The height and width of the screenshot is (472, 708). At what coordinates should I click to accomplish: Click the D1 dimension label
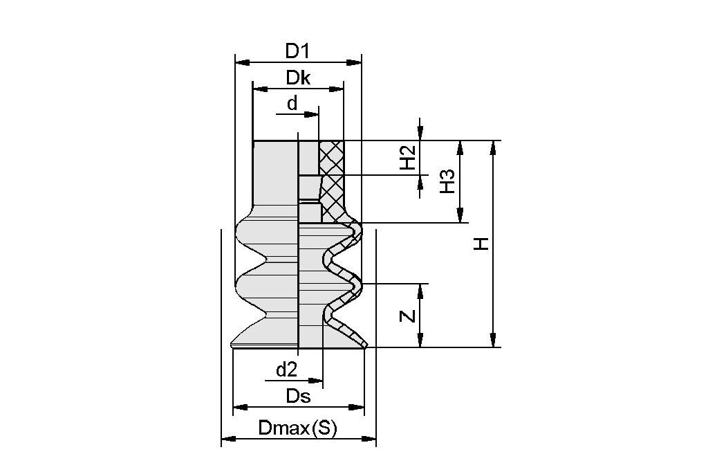[x=297, y=51]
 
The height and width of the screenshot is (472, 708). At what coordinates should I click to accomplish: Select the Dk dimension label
[x=298, y=78]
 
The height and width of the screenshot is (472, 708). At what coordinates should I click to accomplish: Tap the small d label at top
[x=292, y=103]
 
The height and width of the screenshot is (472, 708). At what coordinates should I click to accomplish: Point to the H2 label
[x=408, y=158]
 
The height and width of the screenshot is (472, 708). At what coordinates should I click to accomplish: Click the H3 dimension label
[x=447, y=181]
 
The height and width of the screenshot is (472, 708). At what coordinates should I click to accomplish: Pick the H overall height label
[x=481, y=244]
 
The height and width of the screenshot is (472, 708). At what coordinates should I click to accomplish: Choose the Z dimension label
[x=409, y=316]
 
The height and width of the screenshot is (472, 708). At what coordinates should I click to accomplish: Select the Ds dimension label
[x=298, y=397]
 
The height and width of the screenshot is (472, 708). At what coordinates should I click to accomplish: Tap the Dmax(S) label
[x=297, y=428]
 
